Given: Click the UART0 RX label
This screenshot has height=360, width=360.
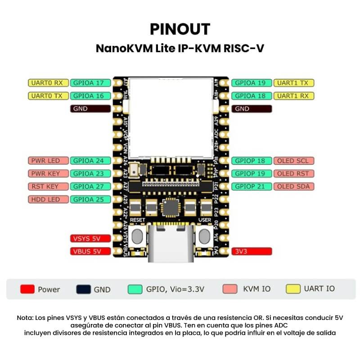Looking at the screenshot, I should [48, 83].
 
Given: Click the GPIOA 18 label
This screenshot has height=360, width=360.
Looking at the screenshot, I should [252, 96].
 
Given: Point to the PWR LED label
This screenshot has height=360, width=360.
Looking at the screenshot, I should [48, 161].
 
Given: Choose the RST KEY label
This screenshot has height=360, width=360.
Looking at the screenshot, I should [48, 186].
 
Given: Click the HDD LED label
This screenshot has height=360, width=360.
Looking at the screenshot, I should [48, 199].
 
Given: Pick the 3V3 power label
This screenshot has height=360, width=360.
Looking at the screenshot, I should [252, 252].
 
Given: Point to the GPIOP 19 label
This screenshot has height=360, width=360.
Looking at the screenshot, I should [252, 174].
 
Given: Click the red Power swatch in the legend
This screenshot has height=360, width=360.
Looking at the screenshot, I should [27, 289].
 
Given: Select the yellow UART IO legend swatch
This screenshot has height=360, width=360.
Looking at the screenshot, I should [293, 289].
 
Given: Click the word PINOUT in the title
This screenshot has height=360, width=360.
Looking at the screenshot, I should [180, 29].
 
